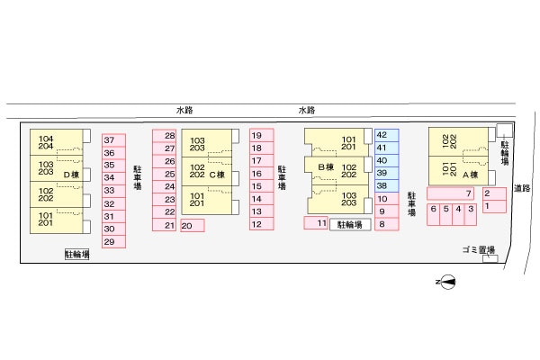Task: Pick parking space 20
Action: click(x=192, y=225)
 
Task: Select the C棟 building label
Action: click(x=217, y=175)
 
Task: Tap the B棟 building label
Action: click(x=325, y=166)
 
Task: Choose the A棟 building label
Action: click(x=469, y=175)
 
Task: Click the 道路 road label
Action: click(x=521, y=188)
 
